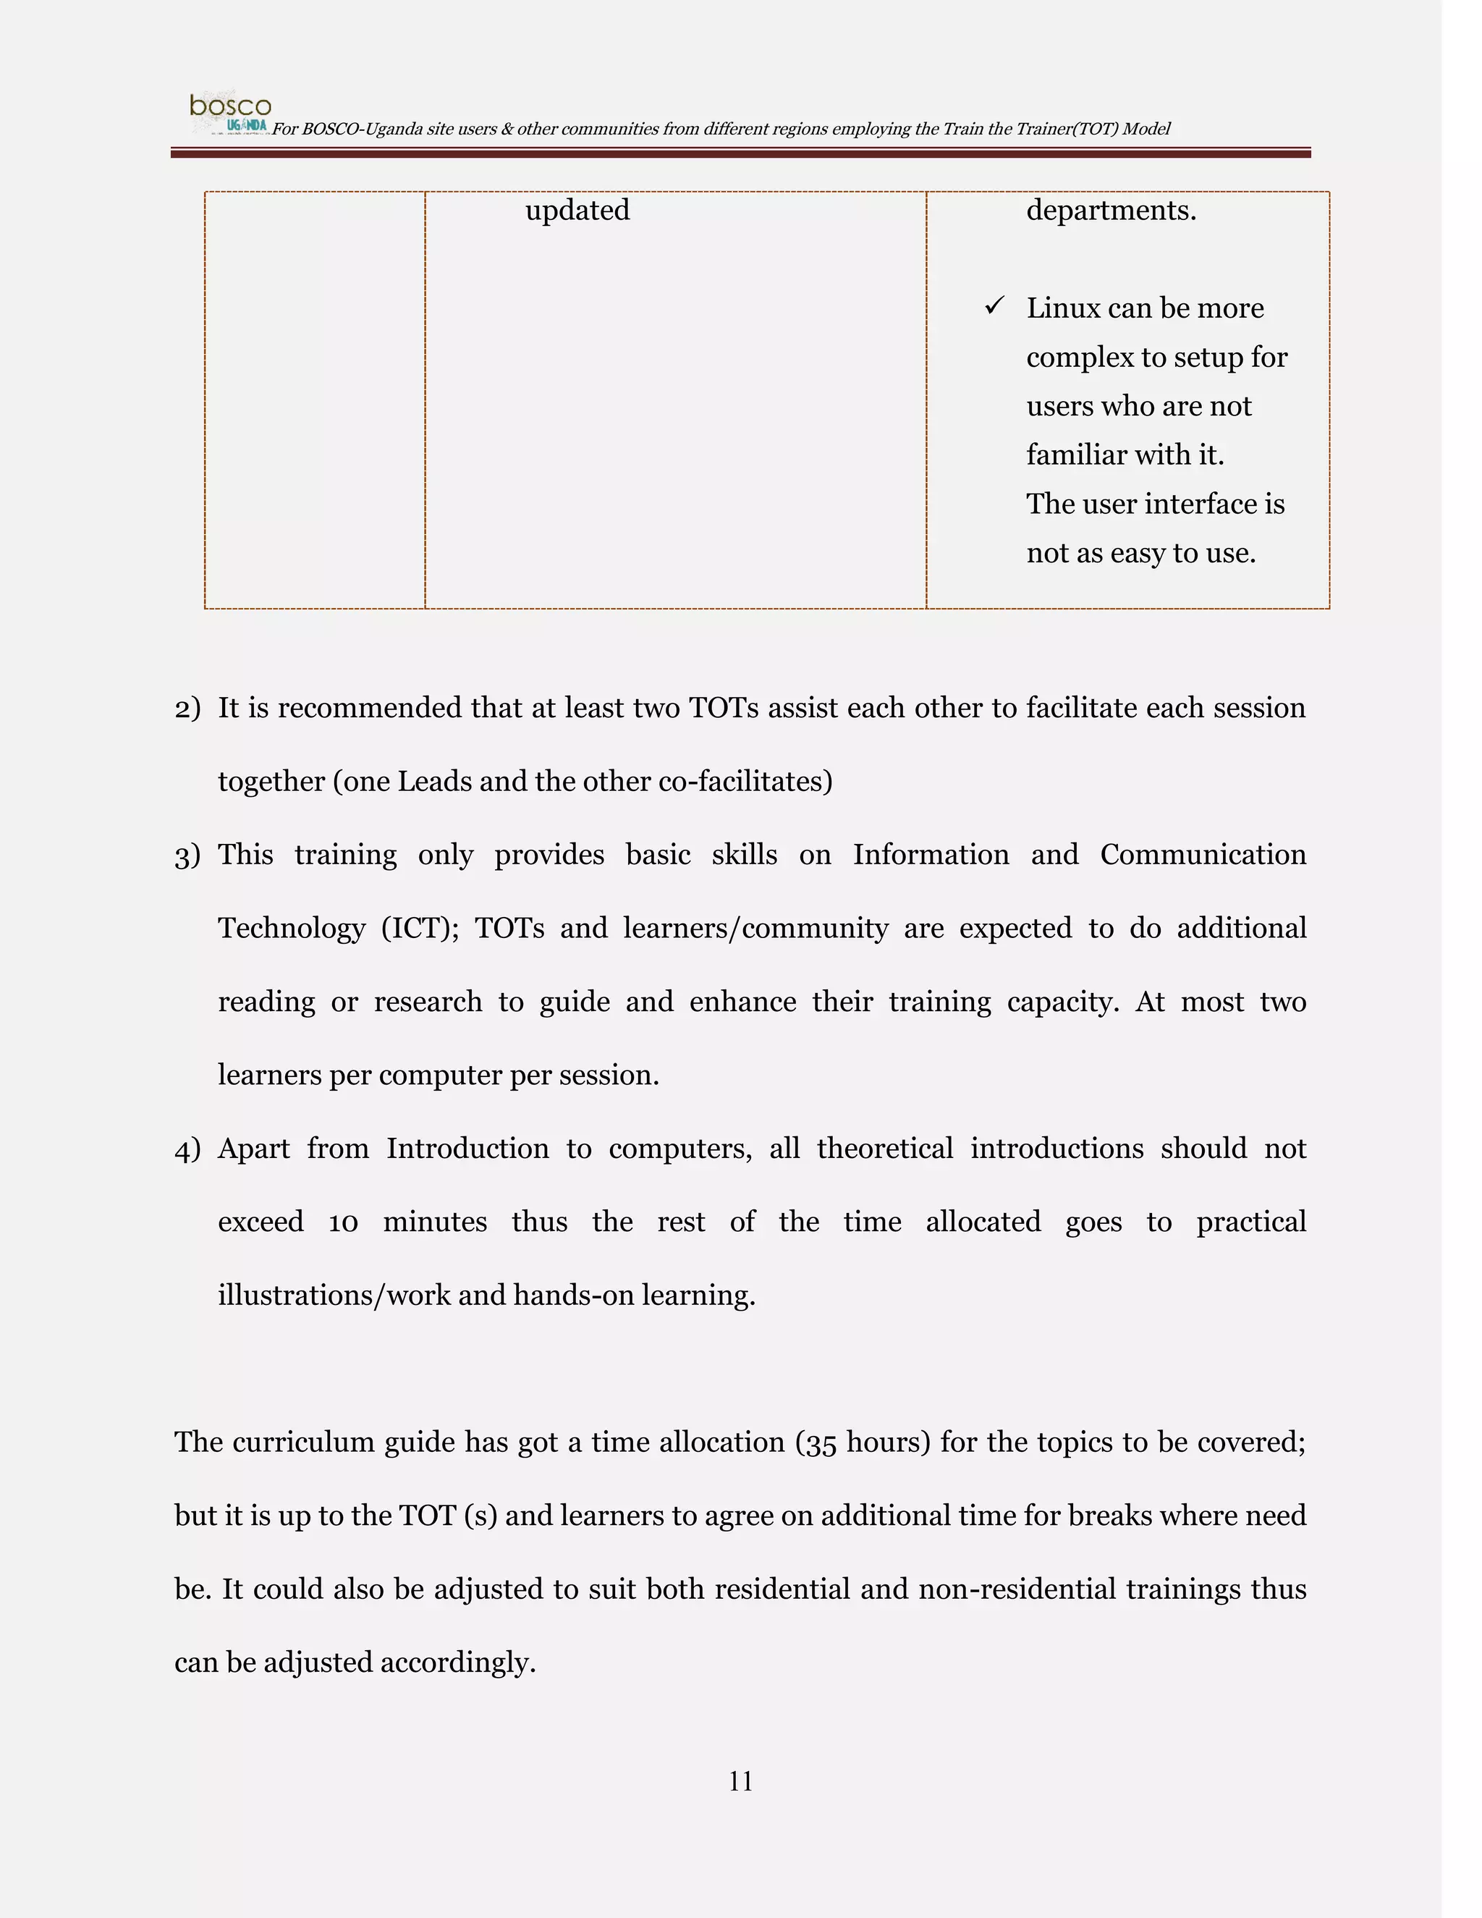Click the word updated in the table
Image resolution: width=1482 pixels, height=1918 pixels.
point(577,211)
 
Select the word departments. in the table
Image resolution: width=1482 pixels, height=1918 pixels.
point(1111,211)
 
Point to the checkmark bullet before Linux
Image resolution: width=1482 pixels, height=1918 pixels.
point(994,305)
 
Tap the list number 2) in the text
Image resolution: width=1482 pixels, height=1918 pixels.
point(187,709)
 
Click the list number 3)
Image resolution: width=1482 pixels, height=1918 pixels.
point(187,856)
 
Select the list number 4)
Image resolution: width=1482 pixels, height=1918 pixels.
point(187,1149)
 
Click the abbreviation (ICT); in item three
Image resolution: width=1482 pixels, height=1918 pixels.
point(420,929)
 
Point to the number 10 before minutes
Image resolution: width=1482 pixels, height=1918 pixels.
point(343,1222)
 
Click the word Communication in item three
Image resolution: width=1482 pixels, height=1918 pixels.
point(1203,856)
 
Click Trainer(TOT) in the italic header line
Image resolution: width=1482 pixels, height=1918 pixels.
point(1074,129)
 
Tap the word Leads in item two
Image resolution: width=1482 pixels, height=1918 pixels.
point(435,782)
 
